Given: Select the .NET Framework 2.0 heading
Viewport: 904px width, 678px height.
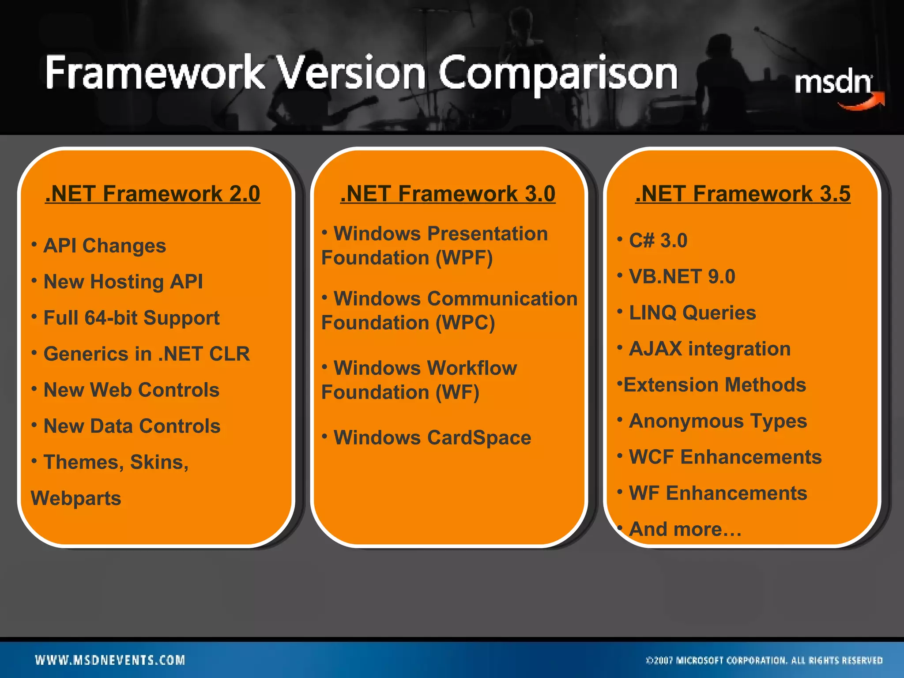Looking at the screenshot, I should pyautogui.click(x=153, y=194).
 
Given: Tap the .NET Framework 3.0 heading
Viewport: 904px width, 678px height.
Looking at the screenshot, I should pyautogui.click(x=448, y=194).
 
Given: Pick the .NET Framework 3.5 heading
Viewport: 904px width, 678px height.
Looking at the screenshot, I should pyautogui.click(x=743, y=194).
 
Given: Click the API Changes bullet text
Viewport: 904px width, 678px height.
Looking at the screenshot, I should pyautogui.click(x=105, y=246).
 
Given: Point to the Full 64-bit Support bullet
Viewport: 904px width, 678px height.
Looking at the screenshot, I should pyautogui.click(x=131, y=318).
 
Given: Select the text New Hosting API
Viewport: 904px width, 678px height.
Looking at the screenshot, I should pyautogui.click(x=123, y=282).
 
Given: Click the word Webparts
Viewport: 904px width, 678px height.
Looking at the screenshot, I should pyautogui.click(x=76, y=499).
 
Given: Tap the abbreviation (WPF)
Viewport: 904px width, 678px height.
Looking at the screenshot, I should pyautogui.click(x=464, y=258).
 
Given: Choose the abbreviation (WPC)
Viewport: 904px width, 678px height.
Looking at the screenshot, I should pyautogui.click(x=465, y=323).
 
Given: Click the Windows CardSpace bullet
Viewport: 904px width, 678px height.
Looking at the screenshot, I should pyautogui.click(x=432, y=438).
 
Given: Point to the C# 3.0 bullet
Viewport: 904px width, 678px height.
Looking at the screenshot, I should pyautogui.click(x=658, y=241).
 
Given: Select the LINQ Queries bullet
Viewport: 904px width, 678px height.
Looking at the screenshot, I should pyautogui.click(x=692, y=313).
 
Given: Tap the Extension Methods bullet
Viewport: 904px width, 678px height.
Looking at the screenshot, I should pyautogui.click(x=714, y=385).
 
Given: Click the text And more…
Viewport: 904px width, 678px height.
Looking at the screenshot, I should pyautogui.click(x=685, y=529).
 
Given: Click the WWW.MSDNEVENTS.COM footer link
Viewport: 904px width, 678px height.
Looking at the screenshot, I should pyautogui.click(x=110, y=660).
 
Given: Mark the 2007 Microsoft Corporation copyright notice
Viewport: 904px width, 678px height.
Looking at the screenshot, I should pyautogui.click(x=764, y=660).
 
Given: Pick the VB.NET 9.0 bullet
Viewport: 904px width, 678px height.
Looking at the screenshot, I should pyautogui.click(x=682, y=277).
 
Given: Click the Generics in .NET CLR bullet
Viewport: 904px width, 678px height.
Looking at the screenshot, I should pyautogui.click(x=147, y=354).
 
